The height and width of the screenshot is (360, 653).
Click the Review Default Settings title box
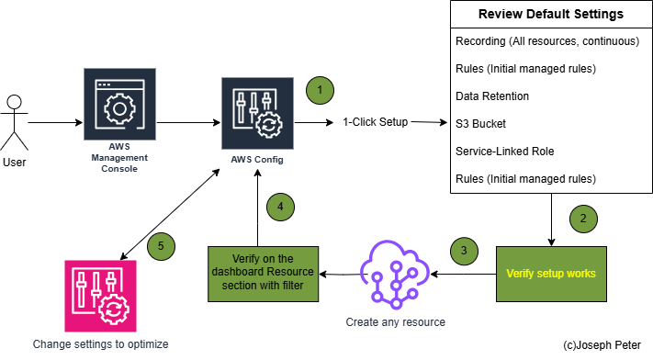pos(551,15)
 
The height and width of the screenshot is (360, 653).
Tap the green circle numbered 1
pos(319,90)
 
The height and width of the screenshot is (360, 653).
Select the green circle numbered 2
pos(582,219)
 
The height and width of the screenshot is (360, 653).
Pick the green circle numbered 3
pos(464,250)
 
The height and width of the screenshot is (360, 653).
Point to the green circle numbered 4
pos(280,207)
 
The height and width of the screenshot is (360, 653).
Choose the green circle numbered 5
pos(161,246)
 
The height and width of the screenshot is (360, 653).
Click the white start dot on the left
pos(14,102)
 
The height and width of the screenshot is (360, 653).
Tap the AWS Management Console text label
pos(120,158)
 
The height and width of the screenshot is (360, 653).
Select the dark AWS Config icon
pos(257,113)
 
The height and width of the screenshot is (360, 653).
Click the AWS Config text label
pos(257,160)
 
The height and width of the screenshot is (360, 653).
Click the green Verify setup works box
pos(551,274)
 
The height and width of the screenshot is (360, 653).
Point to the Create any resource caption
pos(395,322)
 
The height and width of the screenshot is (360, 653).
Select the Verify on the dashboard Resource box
pos(263,274)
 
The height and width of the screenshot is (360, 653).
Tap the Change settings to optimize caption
pos(101,343)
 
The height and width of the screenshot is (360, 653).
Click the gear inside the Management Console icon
pos(120,110)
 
